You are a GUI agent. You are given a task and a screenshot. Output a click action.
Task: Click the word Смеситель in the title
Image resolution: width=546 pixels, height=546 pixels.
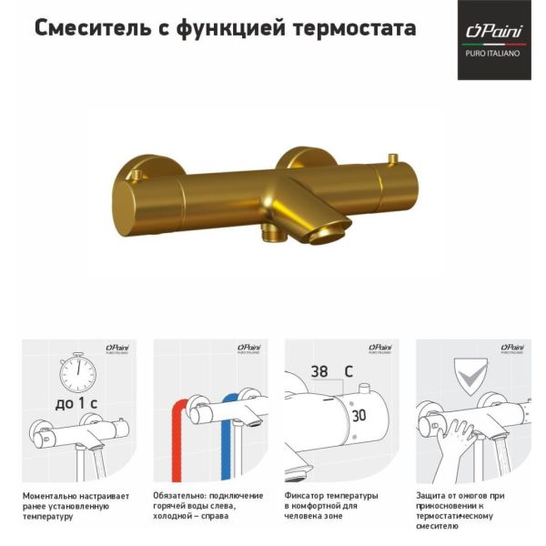pyautogui.click(x=93, y=28)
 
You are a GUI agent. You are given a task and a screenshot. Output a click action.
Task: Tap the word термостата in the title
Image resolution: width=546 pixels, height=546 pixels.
pyautogui.click(x=355, y=29)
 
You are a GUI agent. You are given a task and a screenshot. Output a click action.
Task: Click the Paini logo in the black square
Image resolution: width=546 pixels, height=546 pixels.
pyautogui.click(x=494, y=32)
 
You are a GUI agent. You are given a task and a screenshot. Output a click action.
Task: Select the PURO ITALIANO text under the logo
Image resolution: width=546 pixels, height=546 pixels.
pyautogui.click(x=492, y=54)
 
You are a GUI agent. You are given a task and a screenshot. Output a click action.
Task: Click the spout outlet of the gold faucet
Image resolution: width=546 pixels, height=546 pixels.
pyautogui.click(x=329, y=236)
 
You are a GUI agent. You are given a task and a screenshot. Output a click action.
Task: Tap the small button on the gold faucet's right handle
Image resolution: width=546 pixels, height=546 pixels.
pyautogui.click(x=394, y=159)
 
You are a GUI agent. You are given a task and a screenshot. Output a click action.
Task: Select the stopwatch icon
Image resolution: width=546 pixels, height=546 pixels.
pyautogui.click(x=77, y=372)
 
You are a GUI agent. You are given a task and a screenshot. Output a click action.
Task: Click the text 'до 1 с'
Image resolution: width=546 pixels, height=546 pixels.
pyautogui.click(x=76, y=403)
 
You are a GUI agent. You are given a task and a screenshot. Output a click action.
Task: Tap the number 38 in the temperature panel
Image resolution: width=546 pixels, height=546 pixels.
pyautogui.click(x=319, y=371)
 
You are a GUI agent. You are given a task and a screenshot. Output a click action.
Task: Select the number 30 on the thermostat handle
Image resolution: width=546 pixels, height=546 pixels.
pyautogui.click(x=359, y=416)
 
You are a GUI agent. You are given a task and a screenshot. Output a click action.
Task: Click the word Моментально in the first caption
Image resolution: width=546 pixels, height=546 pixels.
pyautogui.click(x=47, y=496)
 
